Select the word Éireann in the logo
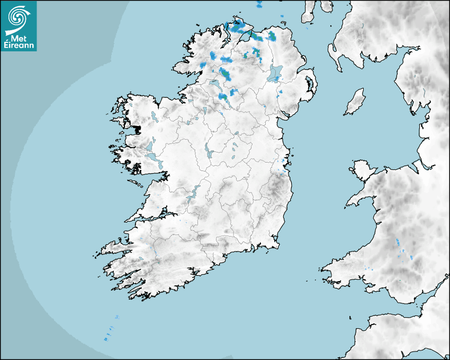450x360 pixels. [19, 46]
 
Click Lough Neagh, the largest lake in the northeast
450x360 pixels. [275, 73]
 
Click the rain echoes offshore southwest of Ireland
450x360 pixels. [110, 334]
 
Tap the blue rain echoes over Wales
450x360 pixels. [399, 245]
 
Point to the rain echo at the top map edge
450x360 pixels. [259, 5]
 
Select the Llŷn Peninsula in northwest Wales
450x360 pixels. [360, 199]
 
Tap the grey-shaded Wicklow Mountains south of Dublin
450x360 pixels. [276, 185]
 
